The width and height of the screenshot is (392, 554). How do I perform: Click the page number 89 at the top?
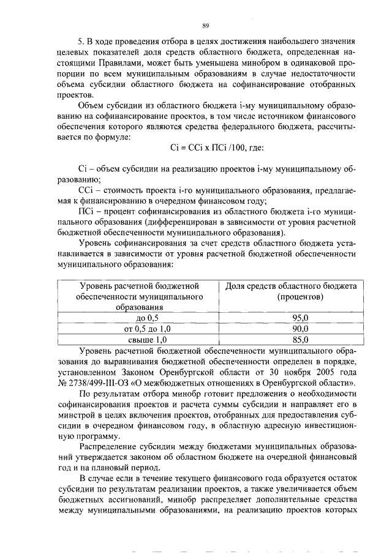(x=206, y=25)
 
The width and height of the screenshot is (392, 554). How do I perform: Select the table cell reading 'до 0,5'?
(x=146, y=318)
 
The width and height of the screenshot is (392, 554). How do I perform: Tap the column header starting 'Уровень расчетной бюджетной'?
(x=138, y=286)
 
